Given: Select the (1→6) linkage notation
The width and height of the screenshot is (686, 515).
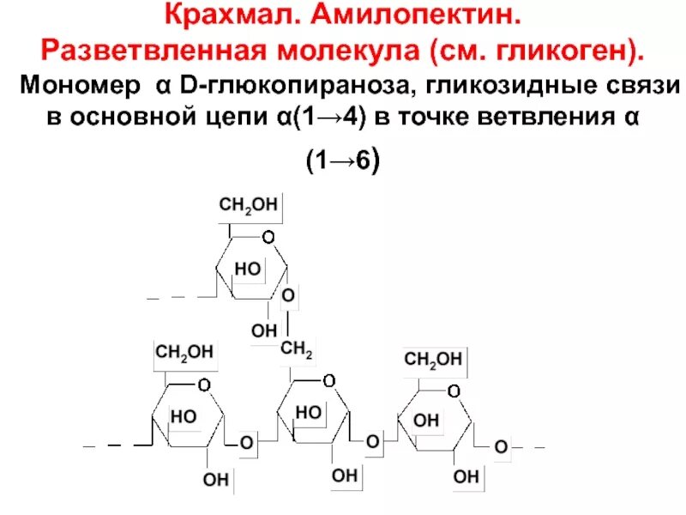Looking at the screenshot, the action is pyautogui.click(x=343, y=162).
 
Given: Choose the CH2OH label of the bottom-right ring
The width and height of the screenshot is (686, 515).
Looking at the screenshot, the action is pyautogui.click(x=433, y=359).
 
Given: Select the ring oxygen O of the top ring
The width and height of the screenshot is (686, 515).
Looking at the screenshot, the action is pyautogui.click(x=268, y=236).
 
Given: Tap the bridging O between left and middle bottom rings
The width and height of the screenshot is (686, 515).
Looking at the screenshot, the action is pyautogui.click(x=246, y=443).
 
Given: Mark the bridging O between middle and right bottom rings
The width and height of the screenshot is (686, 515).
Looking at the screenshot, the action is pyautogui.click(x=373, y=441).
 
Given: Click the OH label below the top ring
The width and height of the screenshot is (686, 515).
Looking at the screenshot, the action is pyautogui.click(x=264, y=330).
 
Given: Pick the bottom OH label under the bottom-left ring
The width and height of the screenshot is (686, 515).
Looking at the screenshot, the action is pyautogui.click(x=215, y=479).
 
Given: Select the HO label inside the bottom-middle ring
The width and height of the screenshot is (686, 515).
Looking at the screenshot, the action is pyautogui.click(x=308, y=413).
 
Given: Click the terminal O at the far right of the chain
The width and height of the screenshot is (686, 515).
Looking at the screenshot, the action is pyautogui.click(x=501, y=446).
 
